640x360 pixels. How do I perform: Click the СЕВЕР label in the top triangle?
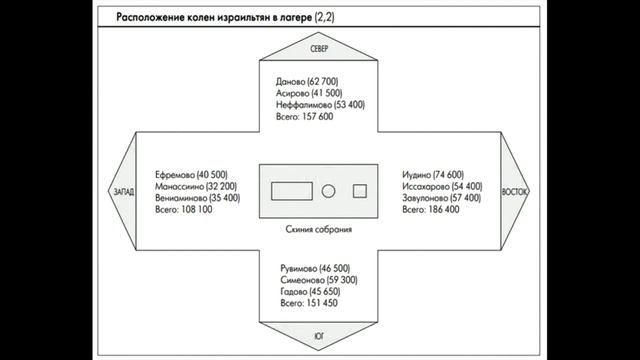[x=319, y=49]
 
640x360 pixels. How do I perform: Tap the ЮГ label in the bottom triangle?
[x=319, y=336]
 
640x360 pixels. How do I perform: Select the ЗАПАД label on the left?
[x=124, y=191]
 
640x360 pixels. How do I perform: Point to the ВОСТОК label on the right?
[x=515, y=191]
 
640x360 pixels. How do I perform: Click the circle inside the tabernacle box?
[x=328, y=191]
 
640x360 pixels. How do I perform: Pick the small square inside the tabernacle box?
[x=360, y=191]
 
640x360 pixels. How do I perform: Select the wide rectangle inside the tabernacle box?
[x=292, y=191]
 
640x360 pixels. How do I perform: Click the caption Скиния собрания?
[x=319, y=229]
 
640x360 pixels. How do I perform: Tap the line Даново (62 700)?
[x=307, y=82]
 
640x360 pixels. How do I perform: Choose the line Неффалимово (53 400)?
[x=320, y=105]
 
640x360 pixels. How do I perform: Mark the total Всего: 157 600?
[x=304, y=117]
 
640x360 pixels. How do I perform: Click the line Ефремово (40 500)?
[x=191, y=175]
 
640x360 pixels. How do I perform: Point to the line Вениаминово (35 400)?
[x=198, y=198]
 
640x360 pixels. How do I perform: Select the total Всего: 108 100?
[x=184, y=210]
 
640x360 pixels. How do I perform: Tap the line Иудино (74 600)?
[x=433, y=175]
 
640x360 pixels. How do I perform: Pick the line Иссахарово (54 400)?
[x=442, y=187]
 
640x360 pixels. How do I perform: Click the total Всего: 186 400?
[x=431, y=210]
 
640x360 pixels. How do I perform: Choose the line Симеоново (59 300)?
[x=319, y=280]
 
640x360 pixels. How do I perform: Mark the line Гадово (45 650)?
[x=310, y=291]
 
